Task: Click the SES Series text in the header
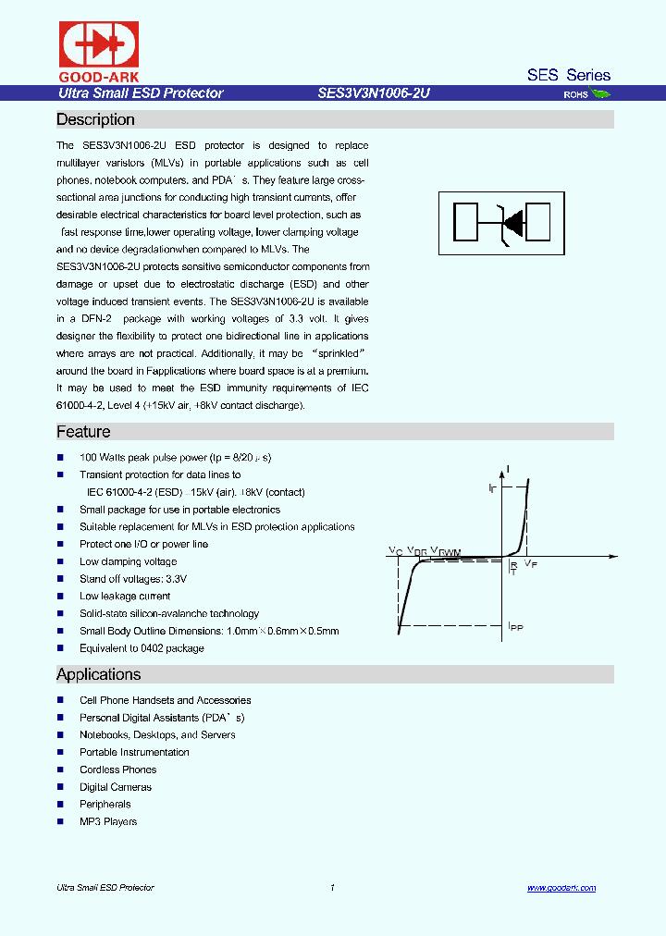click(x=568, y=75)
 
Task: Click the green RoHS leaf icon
click(x=600, y=93)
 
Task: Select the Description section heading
click(x=95, y=119)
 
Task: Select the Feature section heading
click(x=83, y=432)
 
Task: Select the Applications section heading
click(x=98, y=674)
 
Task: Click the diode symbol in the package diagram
click(x=511, y=221)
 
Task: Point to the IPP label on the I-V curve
click(x=515, y=627)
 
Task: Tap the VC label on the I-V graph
click(x=395, y=550)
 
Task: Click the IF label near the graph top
click(x=492, y=486)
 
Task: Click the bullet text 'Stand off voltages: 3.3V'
click(x=133, y=579)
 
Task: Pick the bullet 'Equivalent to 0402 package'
click(x=142, y=648)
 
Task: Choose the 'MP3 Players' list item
click(x=108, y=821)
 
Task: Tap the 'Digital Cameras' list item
click(x=116, y=787)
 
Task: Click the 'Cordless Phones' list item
click(x=117, y=770)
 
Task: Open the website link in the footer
click(x=561, y=888)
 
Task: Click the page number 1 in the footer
click(x=332, y=888)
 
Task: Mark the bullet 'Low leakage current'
click(x=125, y=597)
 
